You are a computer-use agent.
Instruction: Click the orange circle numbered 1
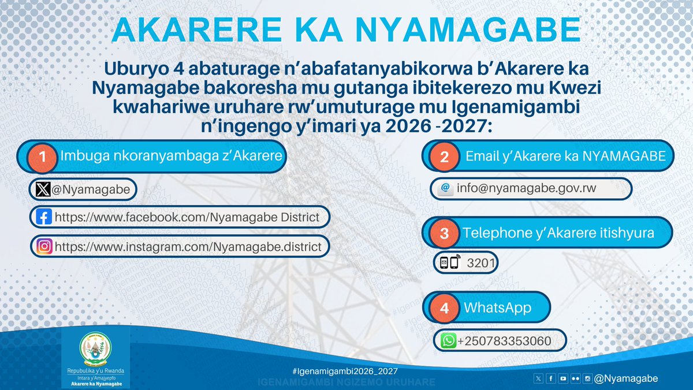42,157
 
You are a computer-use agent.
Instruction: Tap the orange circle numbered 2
444,157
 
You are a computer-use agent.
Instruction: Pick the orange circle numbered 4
444,308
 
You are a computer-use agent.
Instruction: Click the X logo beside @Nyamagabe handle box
43,189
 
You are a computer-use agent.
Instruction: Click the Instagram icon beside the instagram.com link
44,247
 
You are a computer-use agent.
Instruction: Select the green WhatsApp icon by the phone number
448,341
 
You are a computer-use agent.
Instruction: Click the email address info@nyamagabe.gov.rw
526,188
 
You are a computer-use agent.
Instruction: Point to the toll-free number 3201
480,263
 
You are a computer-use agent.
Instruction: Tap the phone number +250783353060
504,341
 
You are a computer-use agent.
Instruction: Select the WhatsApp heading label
497,307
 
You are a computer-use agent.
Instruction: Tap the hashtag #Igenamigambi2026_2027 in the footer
345,370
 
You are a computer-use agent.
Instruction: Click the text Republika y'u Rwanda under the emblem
96,371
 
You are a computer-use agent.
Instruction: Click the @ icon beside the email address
445,188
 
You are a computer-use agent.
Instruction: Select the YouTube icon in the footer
563,378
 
